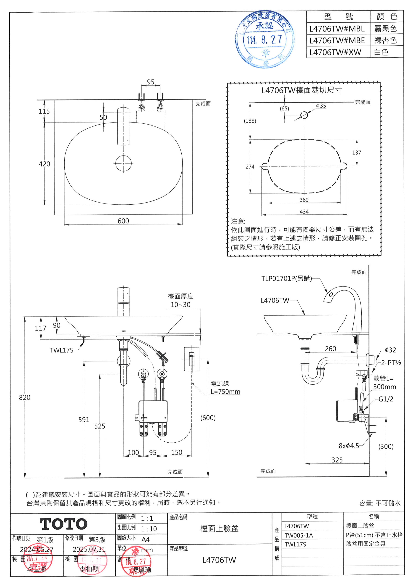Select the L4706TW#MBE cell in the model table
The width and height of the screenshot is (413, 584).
click(337, 40)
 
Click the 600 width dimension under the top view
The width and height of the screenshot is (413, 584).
click(123, 221)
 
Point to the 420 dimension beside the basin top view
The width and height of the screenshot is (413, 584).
click(44, 164)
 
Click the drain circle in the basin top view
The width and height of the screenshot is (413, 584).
click(123, 163)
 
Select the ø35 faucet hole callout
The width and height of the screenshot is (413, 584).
click(321, 106)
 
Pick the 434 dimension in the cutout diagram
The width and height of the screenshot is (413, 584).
click(304, 212)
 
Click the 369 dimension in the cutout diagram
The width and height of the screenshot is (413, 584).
click(304, 200)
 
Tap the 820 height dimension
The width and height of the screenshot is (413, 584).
click(25, 397)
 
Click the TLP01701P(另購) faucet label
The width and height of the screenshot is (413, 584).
click(287, 279)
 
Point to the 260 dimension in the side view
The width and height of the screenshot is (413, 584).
click(330, 349)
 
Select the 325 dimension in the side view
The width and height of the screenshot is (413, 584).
click(337, 460)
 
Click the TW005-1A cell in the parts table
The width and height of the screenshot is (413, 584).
click(299, 535)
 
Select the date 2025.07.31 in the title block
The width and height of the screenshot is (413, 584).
click(89, 549)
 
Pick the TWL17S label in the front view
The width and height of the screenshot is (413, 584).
click(62, 350)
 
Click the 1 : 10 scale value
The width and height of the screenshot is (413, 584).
click(149, 529)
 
